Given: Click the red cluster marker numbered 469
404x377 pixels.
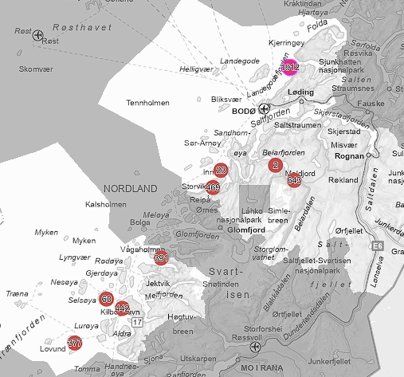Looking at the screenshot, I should point(213,187).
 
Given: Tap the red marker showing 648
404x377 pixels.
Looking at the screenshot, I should point(294,180).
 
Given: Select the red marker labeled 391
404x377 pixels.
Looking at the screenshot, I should point(161,258).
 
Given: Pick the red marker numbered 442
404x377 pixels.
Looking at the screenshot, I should point(122,308).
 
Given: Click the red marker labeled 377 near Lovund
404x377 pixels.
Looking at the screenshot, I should point(75,344).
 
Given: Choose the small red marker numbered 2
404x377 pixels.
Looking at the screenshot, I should point(276,165).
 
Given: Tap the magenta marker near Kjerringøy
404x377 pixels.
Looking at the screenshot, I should point(289,68).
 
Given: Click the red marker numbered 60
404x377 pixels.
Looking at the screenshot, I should point(106,299).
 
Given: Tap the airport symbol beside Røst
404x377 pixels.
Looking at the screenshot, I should point(37,34).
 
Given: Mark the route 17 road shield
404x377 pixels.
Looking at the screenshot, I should point(137,322).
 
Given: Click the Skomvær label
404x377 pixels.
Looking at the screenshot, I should point(34,69).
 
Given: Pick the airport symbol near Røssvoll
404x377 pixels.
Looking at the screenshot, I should point(255,347).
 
